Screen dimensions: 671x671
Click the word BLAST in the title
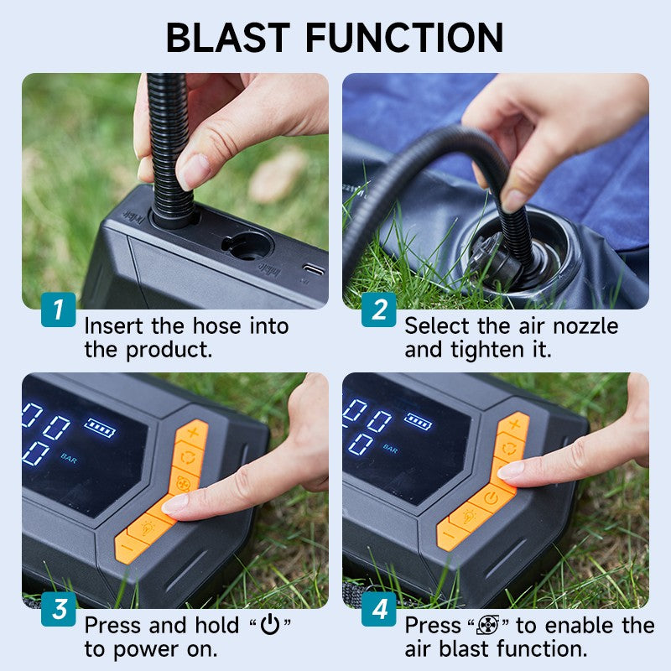click(x=227, y=37)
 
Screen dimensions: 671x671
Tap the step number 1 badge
click(x=58, y=309)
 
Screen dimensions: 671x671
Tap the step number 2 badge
click(x=379, y=309)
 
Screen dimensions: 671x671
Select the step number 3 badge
click(x=58, y=610)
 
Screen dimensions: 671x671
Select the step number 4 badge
click(x=379, y=610)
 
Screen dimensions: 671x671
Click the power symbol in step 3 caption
click(x=269, y=626)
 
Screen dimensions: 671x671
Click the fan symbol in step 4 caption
click(x=487, y=626)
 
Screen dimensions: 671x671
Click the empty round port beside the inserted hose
click(x=247, y=245)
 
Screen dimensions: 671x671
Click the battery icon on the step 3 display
click(x=101, y=429)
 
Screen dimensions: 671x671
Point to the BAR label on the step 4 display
click(x=391, y=450)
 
